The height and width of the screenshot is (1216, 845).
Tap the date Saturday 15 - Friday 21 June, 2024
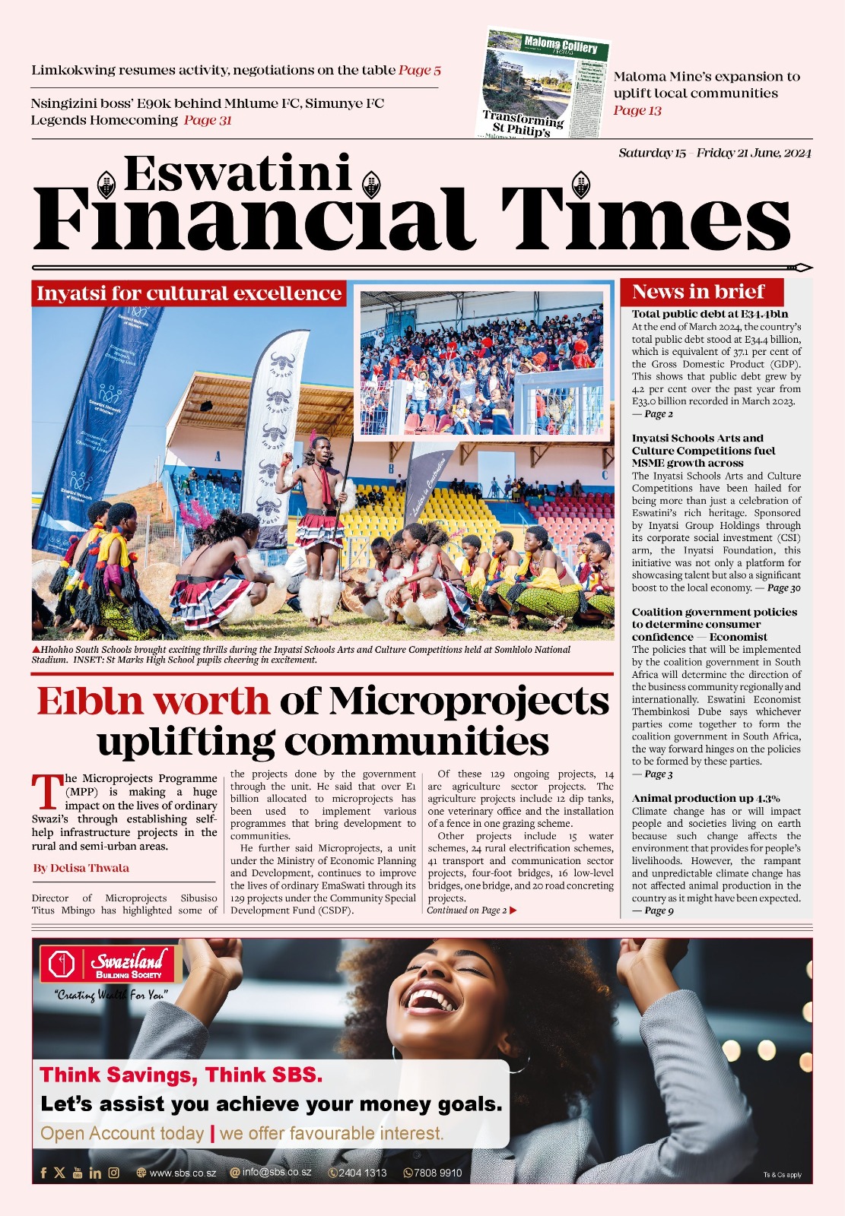tap(714, 153)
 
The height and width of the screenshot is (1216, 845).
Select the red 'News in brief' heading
tap(698, 292)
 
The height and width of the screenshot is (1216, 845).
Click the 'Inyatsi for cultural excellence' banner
tap(189, 293)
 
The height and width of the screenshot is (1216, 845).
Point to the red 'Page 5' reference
tap(419, 71)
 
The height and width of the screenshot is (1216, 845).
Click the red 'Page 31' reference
tap(208, 120)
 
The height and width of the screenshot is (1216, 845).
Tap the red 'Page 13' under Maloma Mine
tap(637, 111)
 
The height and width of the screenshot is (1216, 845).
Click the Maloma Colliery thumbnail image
tap(545, 84)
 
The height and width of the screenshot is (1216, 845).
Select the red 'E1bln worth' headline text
tap(153, 701)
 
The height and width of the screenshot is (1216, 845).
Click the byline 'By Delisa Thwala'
tap(81, 868)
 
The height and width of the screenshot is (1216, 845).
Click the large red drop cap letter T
tap(47, 791)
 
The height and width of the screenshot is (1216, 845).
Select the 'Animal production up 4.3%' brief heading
tap(705, 798)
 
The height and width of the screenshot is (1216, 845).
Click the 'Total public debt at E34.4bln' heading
tap(710, 314)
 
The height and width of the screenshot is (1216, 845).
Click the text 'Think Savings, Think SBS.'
tap(181, 1075)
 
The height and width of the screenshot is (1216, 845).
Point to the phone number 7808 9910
tap(433, 1173)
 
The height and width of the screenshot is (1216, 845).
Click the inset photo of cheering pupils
tap(484, 363)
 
